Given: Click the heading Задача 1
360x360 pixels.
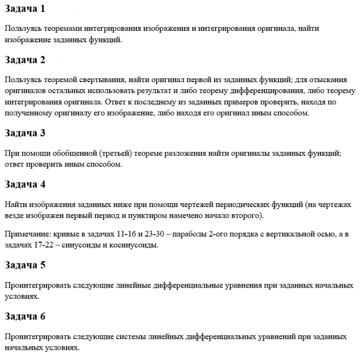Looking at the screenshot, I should point(25,9).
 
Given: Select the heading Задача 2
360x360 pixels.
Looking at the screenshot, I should point(25,60).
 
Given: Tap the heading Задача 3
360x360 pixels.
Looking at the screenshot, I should point(25,132).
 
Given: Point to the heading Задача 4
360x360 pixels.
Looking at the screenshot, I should point(25,184).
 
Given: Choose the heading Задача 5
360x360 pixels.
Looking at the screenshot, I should point(25,265).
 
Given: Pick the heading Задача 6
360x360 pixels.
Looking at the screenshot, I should point(25,316).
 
